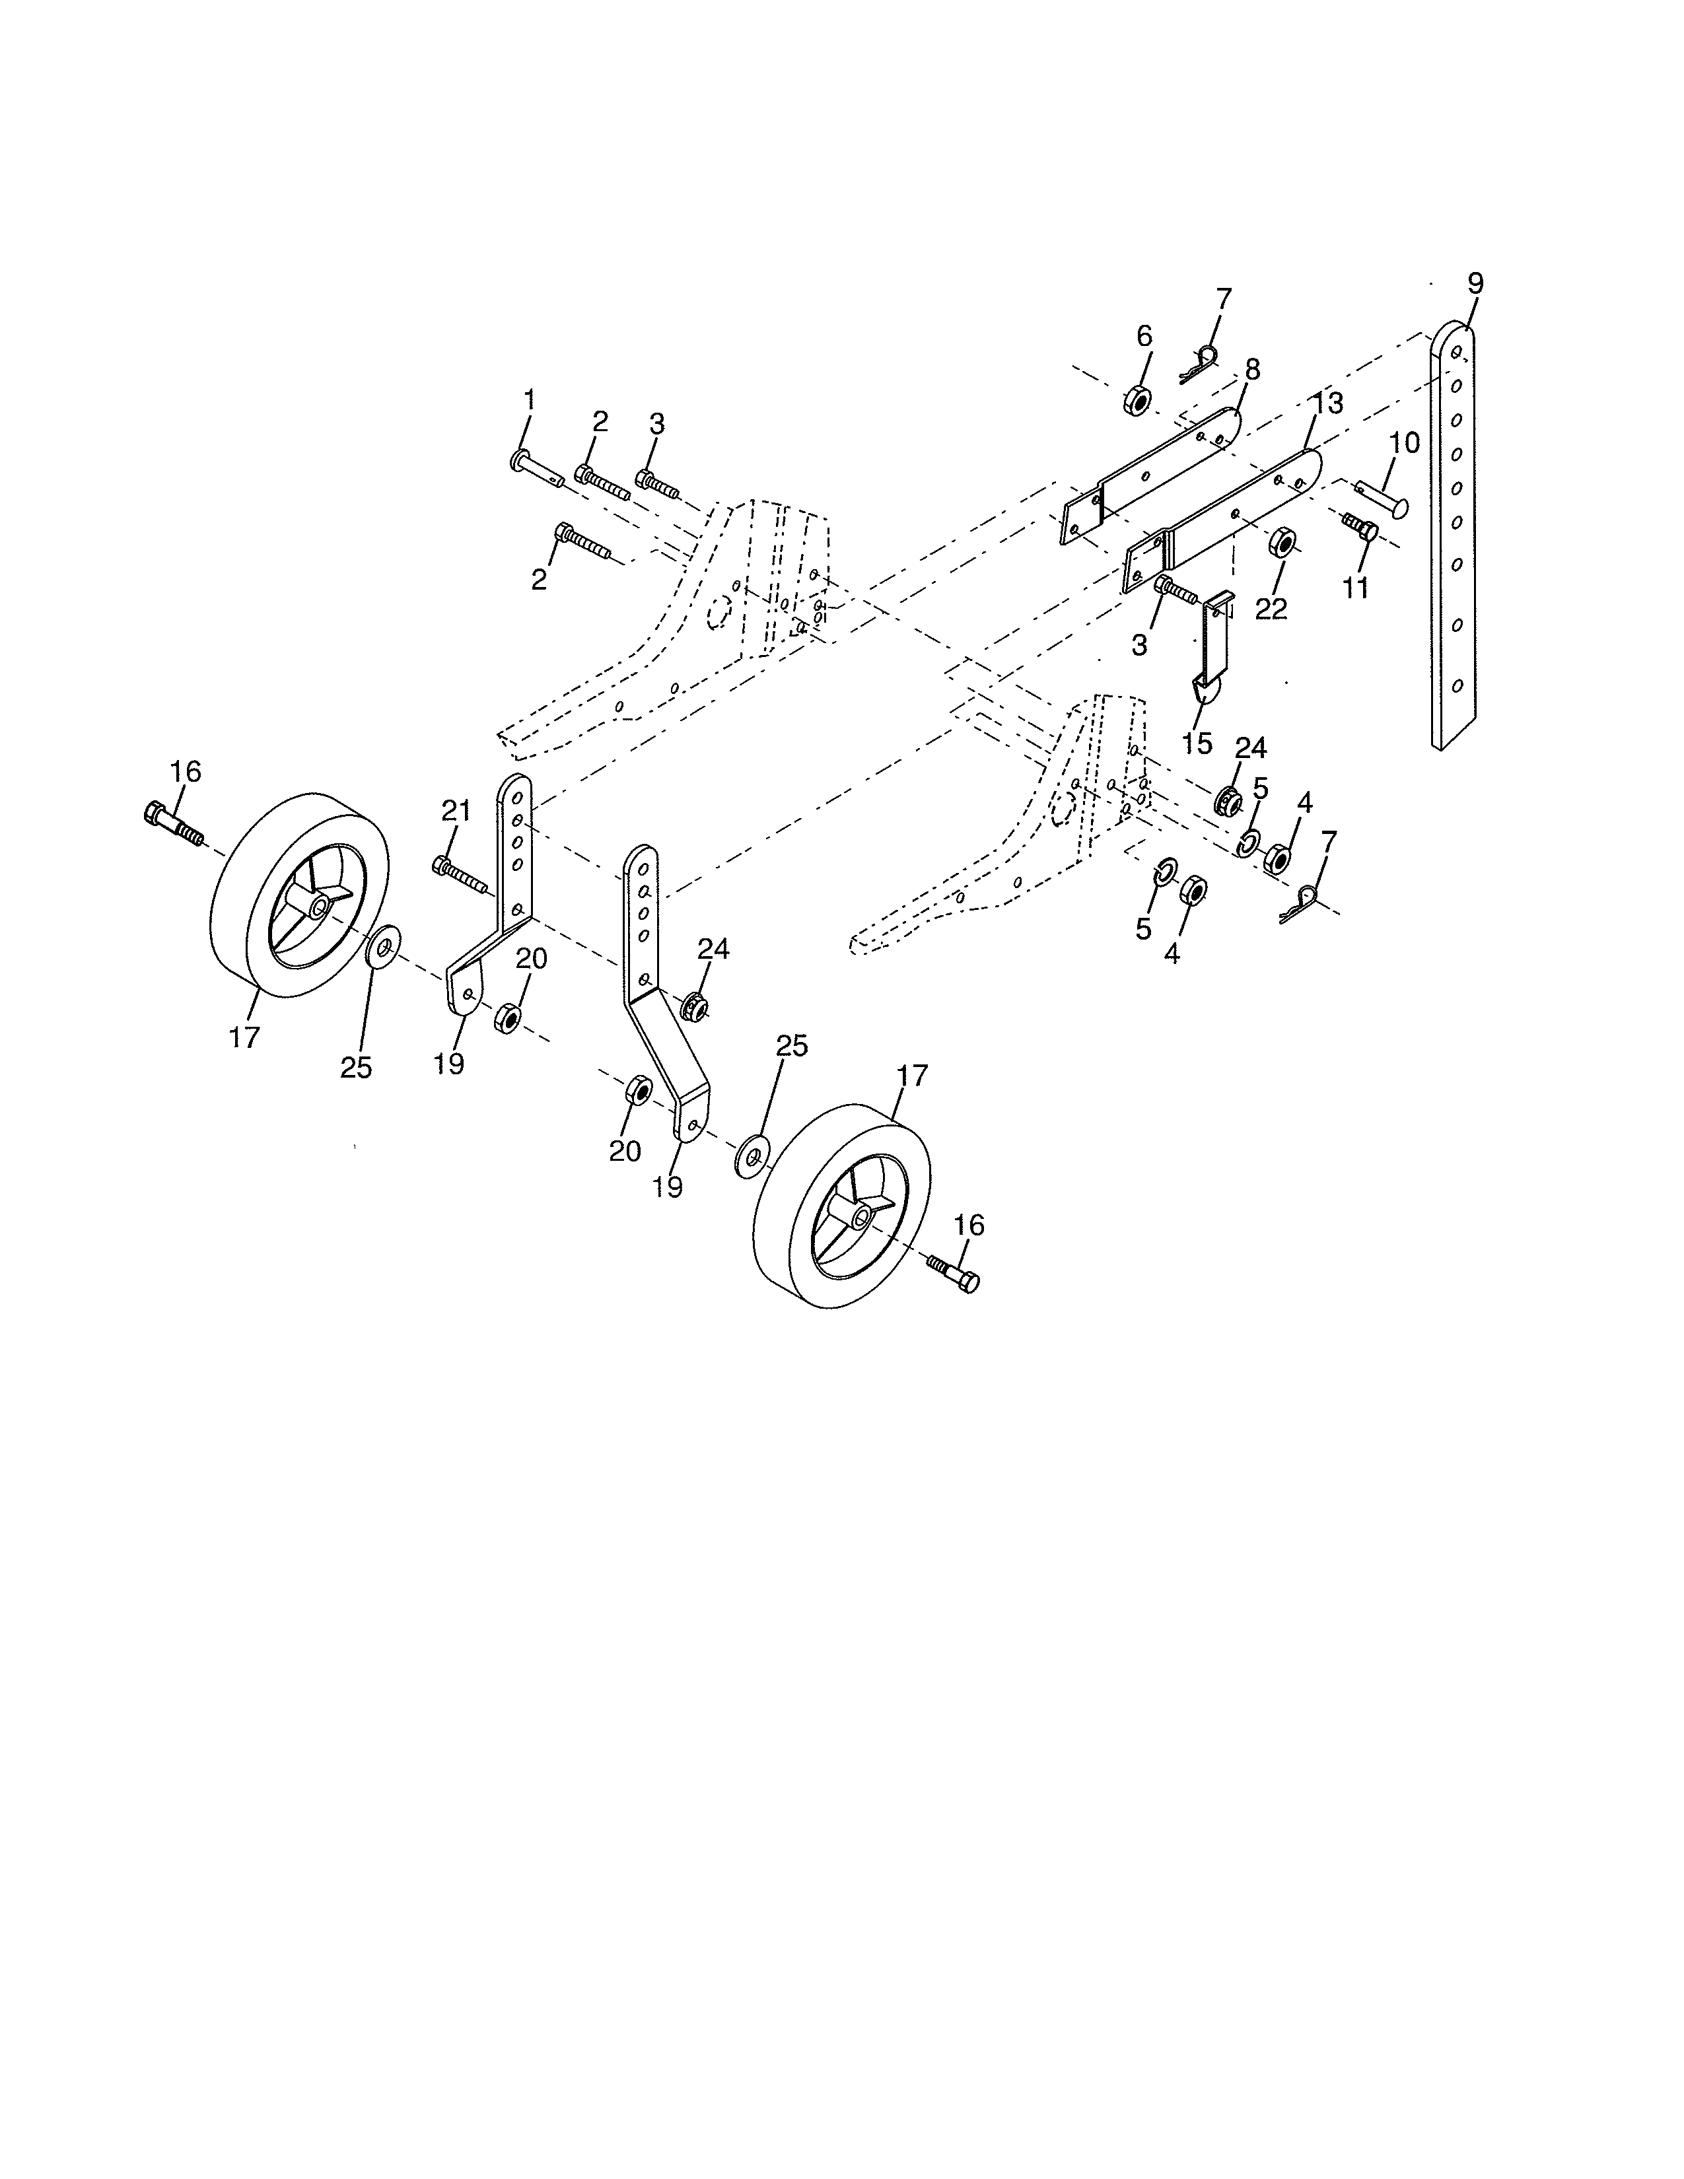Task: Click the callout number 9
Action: coord(1475,283)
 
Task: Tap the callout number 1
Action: coord(529,400)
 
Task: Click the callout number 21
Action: coord(456,811)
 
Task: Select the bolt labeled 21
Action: coord(459,874)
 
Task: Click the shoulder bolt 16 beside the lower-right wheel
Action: coord(955,1274)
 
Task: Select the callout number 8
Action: coord(1252,370)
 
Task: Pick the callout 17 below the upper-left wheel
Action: coord(244,1037)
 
